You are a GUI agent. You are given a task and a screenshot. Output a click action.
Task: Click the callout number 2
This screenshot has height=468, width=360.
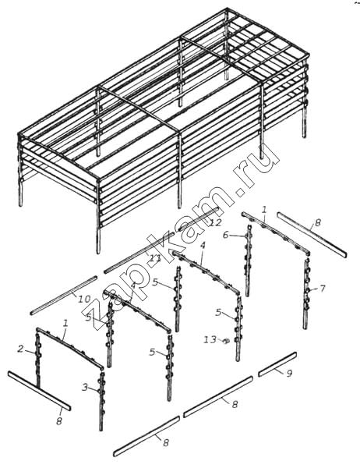20,349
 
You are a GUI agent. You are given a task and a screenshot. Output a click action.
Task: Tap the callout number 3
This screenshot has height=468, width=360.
85,388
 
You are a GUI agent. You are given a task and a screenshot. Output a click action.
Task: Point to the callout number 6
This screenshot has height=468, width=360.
226,236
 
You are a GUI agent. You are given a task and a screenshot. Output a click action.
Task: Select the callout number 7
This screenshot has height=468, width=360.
322,289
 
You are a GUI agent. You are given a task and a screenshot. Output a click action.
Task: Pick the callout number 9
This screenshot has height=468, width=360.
289,374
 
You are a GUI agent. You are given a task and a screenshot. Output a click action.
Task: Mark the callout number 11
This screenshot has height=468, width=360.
155,257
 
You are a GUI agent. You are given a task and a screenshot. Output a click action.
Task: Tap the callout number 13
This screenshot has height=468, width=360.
210,339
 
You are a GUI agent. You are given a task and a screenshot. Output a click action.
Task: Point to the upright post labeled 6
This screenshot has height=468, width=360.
248,260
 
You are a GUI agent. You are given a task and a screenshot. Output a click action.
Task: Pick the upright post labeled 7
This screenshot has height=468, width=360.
306,294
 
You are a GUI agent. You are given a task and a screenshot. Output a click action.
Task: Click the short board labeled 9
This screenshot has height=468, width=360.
277,364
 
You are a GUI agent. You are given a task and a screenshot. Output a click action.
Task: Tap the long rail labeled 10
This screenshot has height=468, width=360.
64,296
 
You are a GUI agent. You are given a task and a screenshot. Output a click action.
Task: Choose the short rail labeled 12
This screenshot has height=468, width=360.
199,218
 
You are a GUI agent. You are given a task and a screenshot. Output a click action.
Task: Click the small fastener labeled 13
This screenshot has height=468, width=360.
226,341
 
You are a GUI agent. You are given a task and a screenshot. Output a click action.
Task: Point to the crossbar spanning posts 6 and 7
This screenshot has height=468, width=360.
276,233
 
